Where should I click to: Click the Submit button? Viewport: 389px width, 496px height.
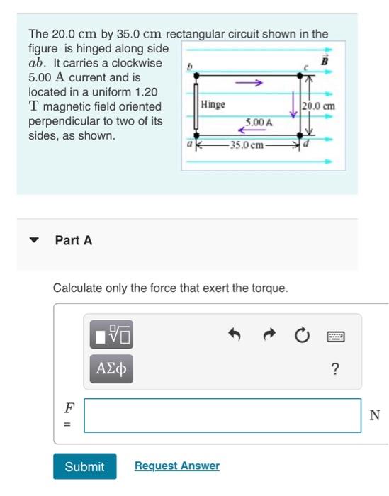pos(84,466)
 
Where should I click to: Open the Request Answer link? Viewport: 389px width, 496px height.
pos(176,466)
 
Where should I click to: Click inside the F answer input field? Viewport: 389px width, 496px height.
pos(222,415)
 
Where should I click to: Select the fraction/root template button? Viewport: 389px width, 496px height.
pos(112,334)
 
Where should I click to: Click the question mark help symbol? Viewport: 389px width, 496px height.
pos(335,368)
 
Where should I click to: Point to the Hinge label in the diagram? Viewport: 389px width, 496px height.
pos(213,104)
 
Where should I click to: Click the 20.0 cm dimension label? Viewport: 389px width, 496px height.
pos(318,106)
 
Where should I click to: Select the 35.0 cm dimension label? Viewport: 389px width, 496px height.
pos(245,145)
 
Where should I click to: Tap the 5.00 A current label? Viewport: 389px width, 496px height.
pos(259,123)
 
